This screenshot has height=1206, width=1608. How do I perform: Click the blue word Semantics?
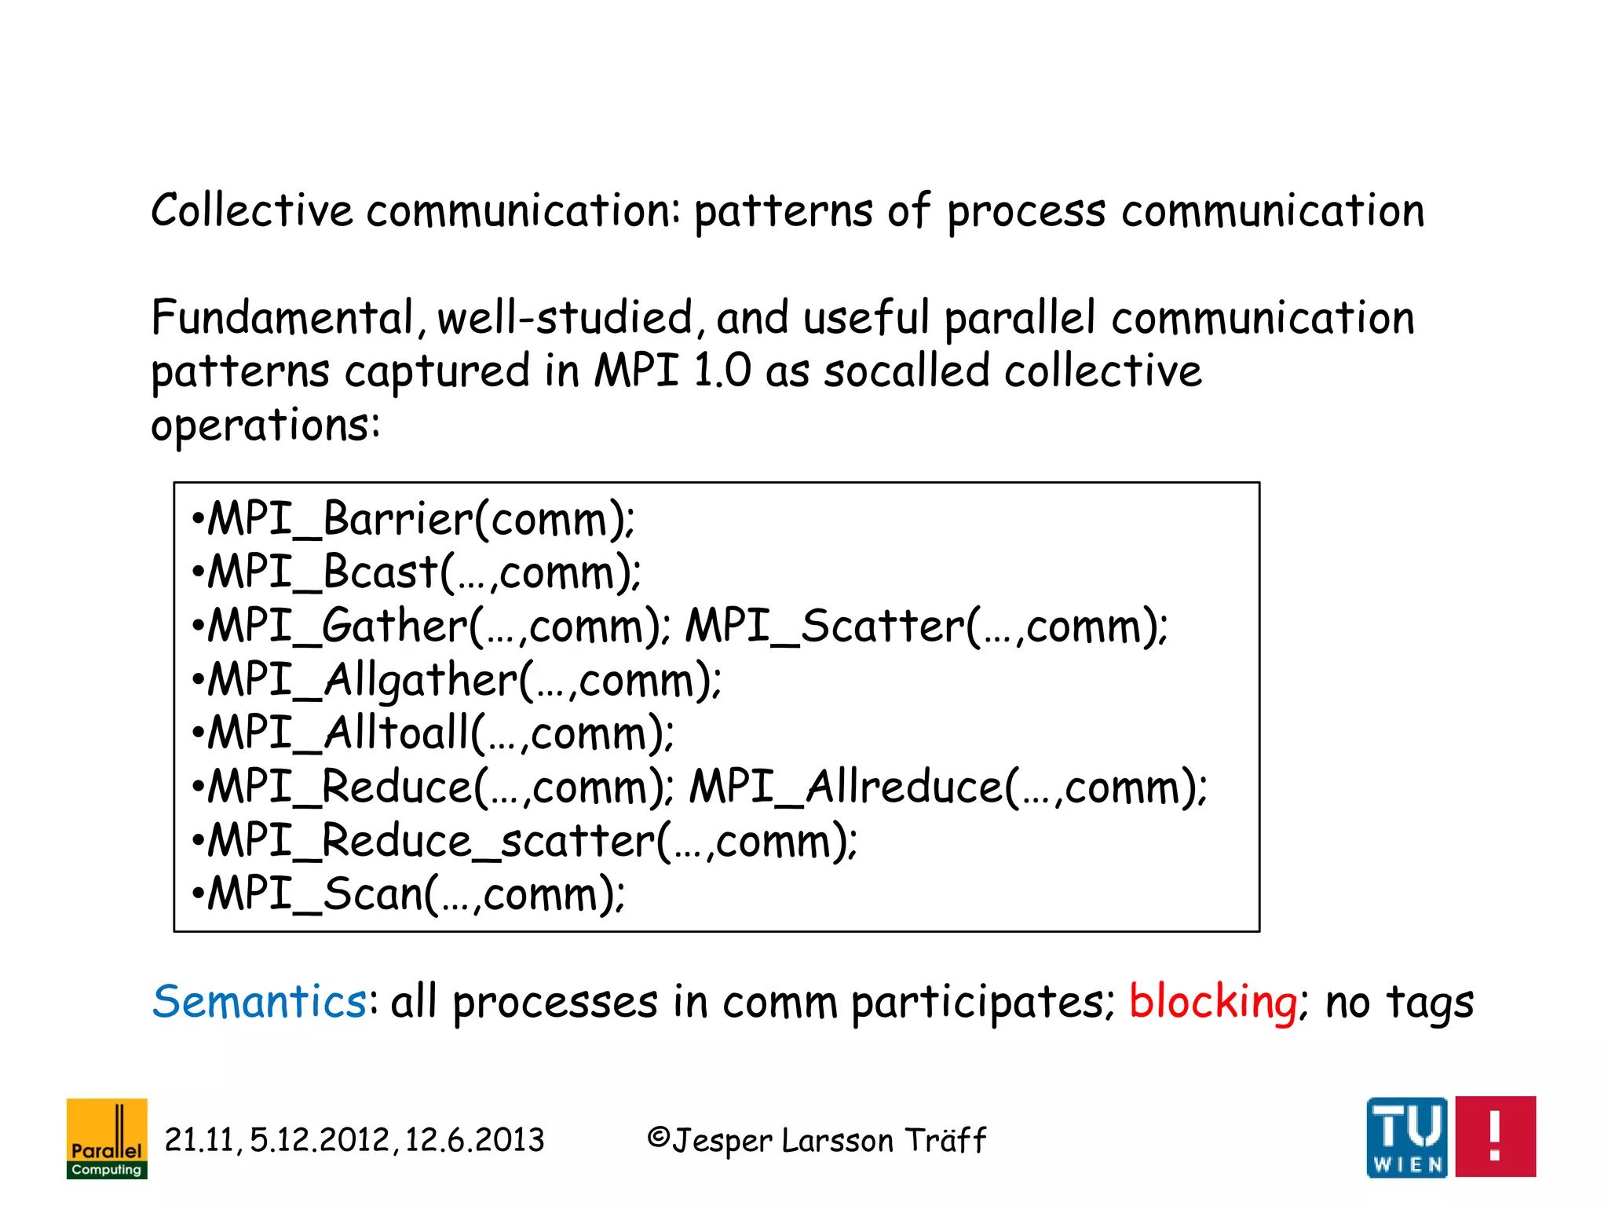[x=259, y=1002]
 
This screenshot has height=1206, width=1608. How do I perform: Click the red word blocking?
[x=1213, y=1002]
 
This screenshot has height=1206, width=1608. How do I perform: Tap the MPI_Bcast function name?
[x=322, y=572]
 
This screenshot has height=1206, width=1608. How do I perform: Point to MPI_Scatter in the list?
[x=824, y=627]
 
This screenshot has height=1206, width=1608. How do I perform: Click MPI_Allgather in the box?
[x=361, y=680]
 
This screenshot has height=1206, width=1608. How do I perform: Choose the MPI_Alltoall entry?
[x=338, y=733]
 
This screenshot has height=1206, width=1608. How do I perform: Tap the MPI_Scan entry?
[x=314, y=894]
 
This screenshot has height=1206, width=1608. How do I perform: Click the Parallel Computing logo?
[x=107, y=1138]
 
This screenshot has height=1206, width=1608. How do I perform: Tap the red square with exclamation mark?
[x=1495, y=1137]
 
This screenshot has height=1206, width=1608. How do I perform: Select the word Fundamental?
[x=283, y=318]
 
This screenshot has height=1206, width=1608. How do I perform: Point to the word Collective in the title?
[x=252, y=211]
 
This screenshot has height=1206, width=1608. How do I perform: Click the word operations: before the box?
[x=265, y=426]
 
